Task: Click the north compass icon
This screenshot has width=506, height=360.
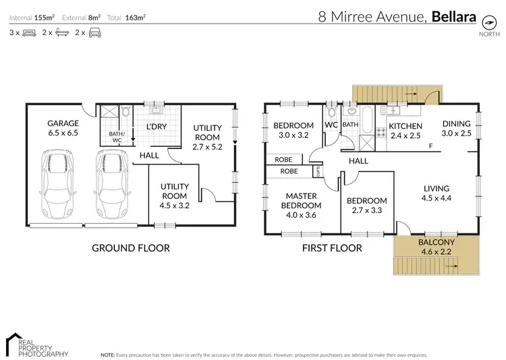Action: click(x=489, y=22)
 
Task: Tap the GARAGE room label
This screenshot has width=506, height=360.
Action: click(x=63, y=123)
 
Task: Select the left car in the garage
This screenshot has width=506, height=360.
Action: click(x=58, y=184)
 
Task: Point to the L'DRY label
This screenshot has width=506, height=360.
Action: click(x=157, y=127)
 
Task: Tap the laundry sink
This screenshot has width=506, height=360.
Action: click(x=157, y=110)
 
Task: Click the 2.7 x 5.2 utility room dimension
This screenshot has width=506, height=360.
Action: click(x=207, y=147)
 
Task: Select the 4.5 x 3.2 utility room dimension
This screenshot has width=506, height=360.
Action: click(x=175, y=206)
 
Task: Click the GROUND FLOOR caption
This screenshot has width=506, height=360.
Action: click(x=131, y=248)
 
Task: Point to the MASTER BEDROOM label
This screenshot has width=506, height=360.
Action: click(x=301, y=201)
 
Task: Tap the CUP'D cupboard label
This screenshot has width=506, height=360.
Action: click(x=318, y=171)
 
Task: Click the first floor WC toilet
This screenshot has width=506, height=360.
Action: click(x=331, y=112)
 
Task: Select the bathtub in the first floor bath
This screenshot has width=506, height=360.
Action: click(x=367, y=120)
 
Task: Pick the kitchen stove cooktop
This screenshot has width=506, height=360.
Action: click(x=381, y=132)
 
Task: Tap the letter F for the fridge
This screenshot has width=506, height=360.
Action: click(x=430, y=146)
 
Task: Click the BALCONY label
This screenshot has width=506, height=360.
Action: click(x=437, y=242)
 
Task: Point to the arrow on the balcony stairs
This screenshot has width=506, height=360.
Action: click(x=451, y=266)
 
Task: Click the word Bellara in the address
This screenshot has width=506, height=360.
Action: click(x=454, y=16)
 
